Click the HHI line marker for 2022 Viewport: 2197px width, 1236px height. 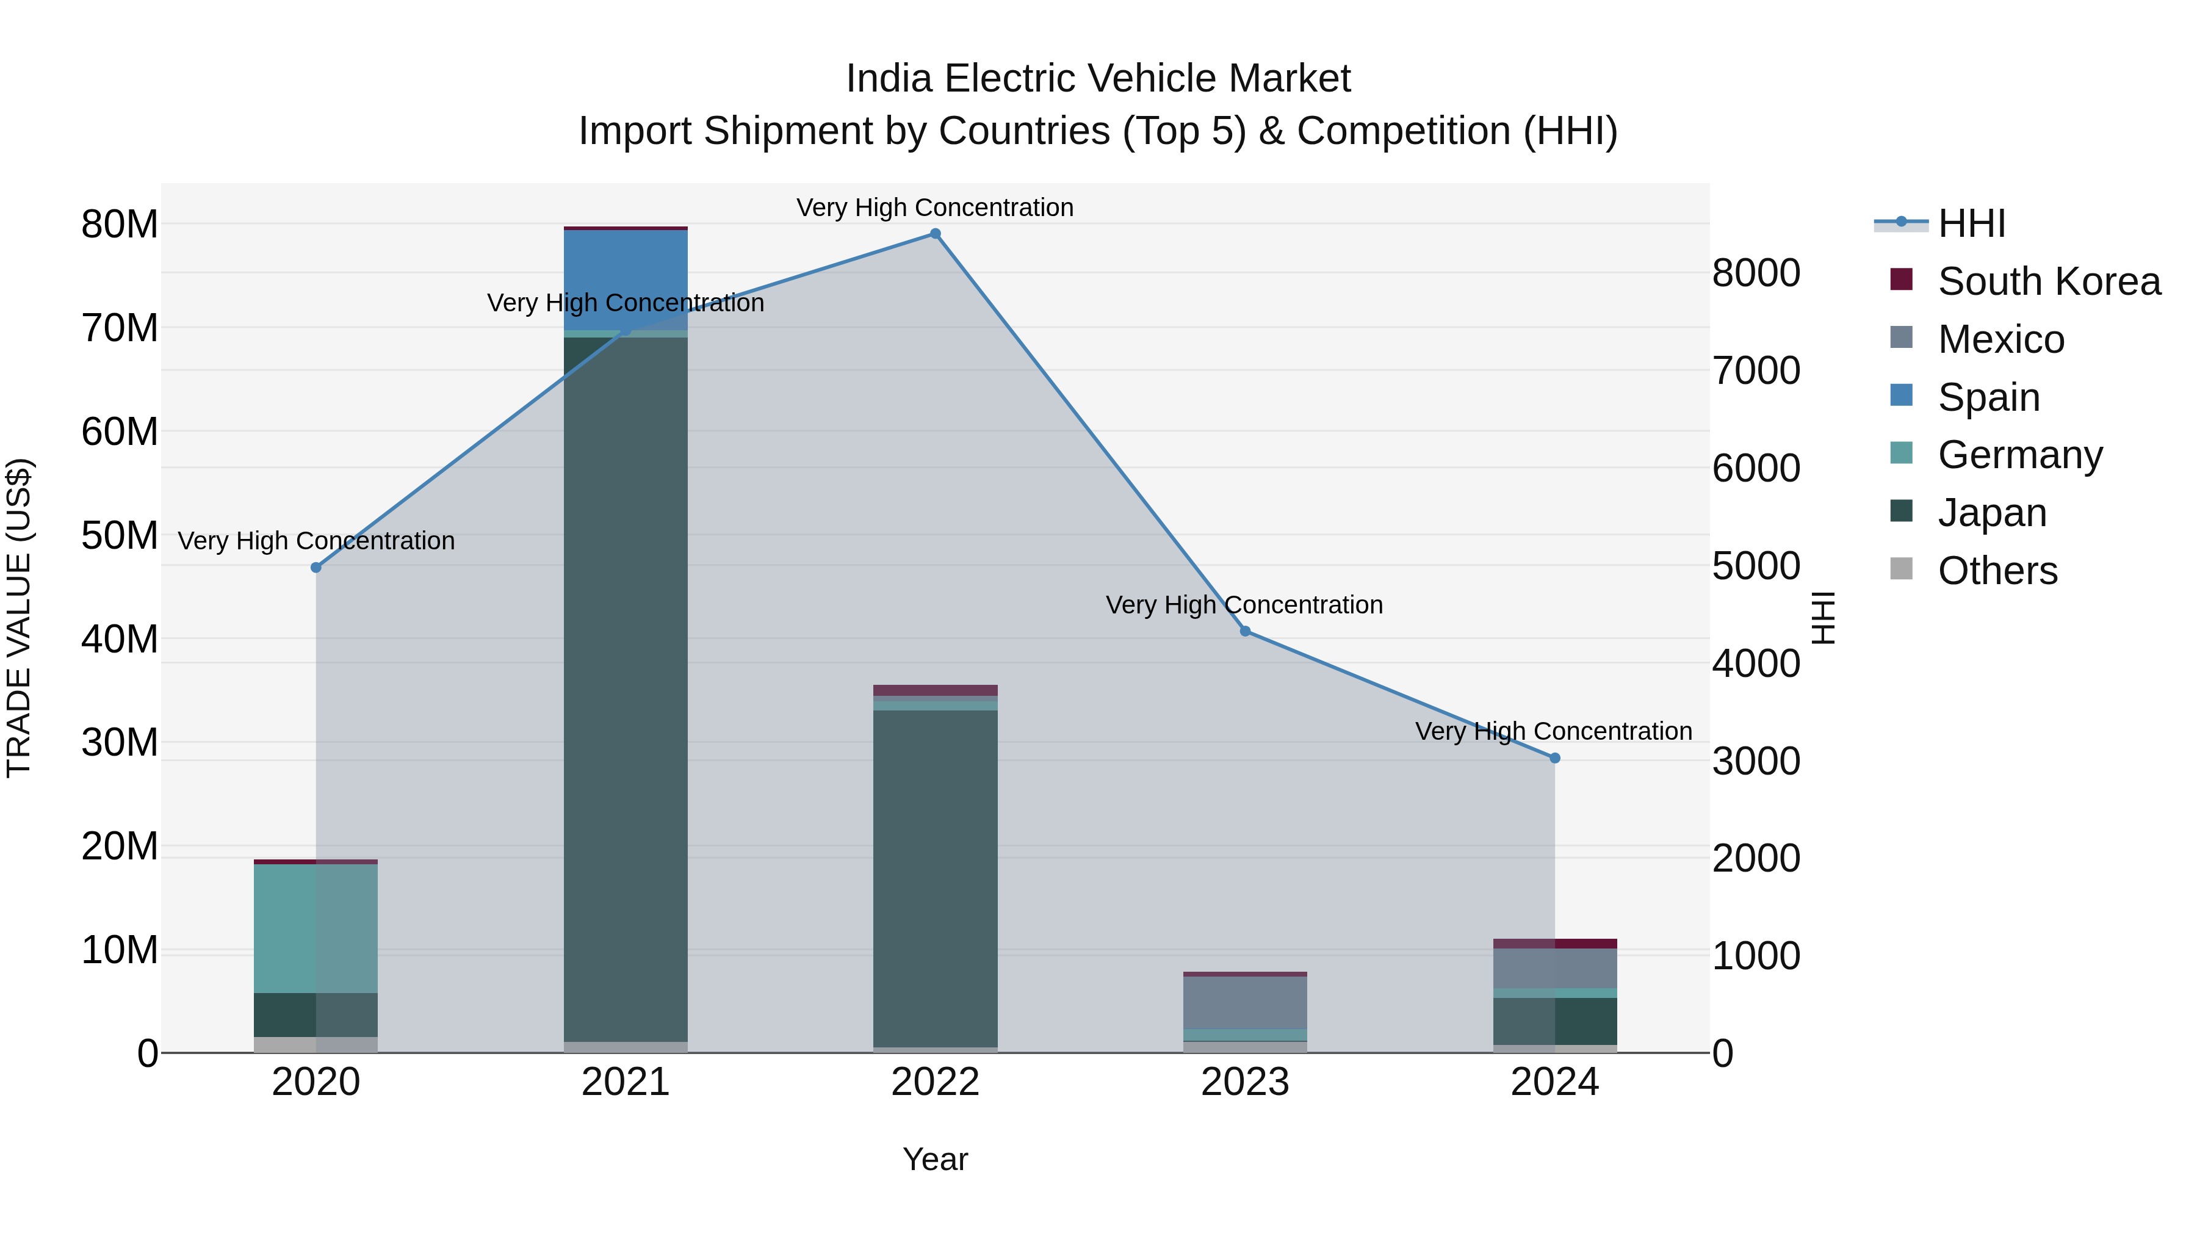coord(935,234)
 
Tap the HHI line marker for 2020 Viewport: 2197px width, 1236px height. coord(316,567)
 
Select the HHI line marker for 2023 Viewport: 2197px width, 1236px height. coord(1244,631)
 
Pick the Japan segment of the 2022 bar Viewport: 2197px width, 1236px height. coord(935,878)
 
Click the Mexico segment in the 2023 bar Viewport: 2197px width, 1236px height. coord(1244,1003)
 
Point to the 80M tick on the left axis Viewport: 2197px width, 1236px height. coord(120,225)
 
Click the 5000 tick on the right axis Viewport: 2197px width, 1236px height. coord(1755,566)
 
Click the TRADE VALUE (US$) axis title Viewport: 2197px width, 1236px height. coord(19,618)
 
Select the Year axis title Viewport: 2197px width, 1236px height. coord(935,1159)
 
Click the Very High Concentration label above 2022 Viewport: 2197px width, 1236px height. coord(935,208)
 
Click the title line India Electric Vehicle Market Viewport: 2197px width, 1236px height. coord(1098,79)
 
